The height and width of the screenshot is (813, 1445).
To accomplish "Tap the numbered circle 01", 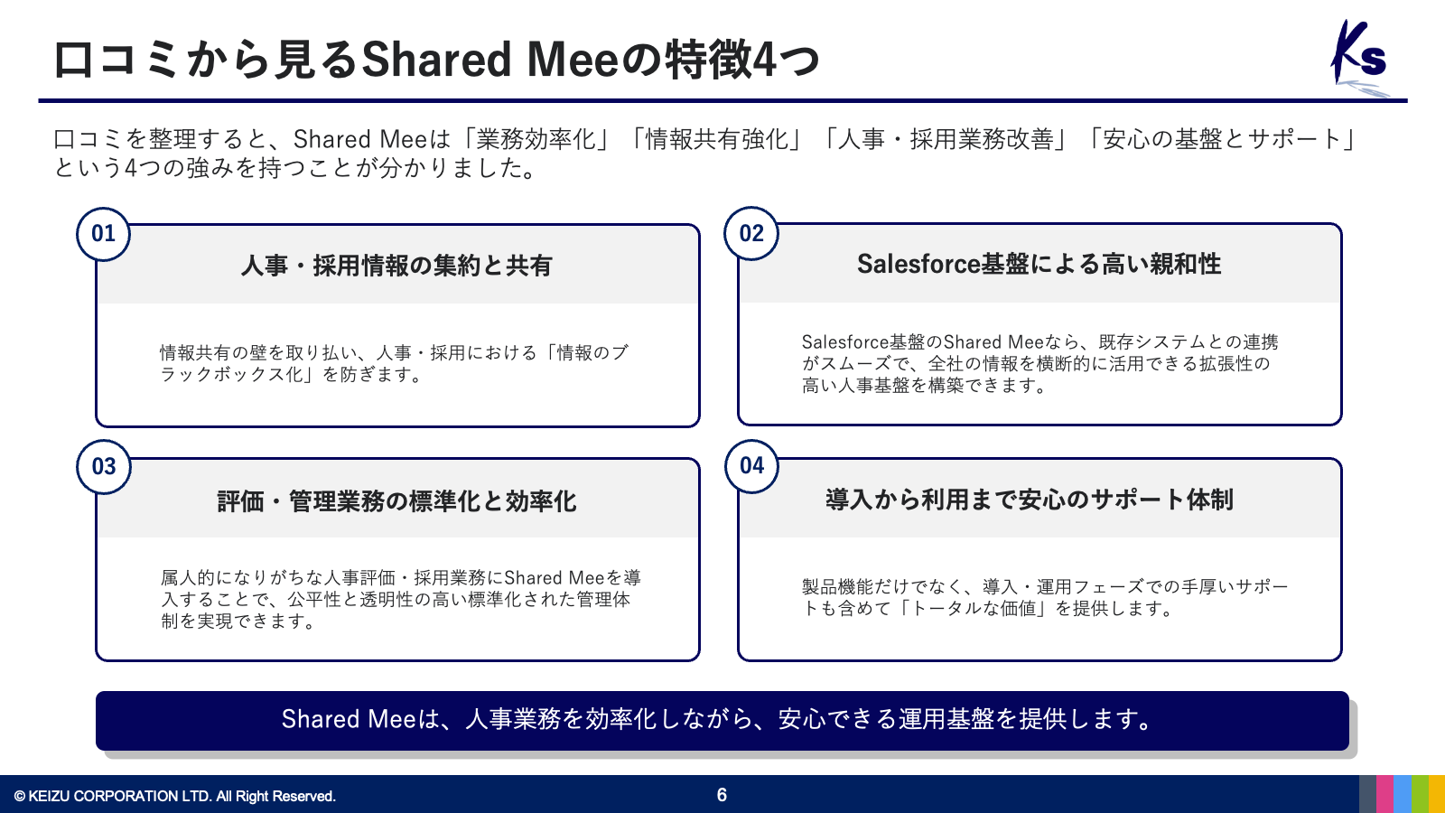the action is point(103,234).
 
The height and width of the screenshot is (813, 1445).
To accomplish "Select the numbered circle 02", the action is point(751,233).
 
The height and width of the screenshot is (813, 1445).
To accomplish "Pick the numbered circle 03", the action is point(103,466).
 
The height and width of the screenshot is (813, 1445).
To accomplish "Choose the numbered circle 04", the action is point(751,466).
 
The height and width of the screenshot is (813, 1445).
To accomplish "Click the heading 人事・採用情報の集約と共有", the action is point(396,266).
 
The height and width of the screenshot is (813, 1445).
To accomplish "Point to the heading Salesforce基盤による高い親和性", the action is point(1039,264).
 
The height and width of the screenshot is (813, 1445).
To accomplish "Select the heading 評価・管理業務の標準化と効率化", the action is point(396,501).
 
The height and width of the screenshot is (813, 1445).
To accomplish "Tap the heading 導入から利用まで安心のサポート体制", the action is point(1030,500).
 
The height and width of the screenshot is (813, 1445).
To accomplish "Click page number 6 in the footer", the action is point(722,795).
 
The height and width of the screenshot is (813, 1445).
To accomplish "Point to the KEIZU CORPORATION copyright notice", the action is point(175,796).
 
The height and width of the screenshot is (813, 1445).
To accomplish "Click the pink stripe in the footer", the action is point(1384,794).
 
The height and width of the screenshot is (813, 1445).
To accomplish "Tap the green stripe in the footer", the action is point(1420,794).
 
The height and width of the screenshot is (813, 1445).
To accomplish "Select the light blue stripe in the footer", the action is point(1403,794).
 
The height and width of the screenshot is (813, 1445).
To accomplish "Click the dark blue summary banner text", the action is point(717,719).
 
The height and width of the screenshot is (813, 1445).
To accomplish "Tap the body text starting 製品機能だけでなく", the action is point(1045,597).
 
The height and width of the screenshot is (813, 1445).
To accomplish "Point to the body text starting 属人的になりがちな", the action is point(401,599).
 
